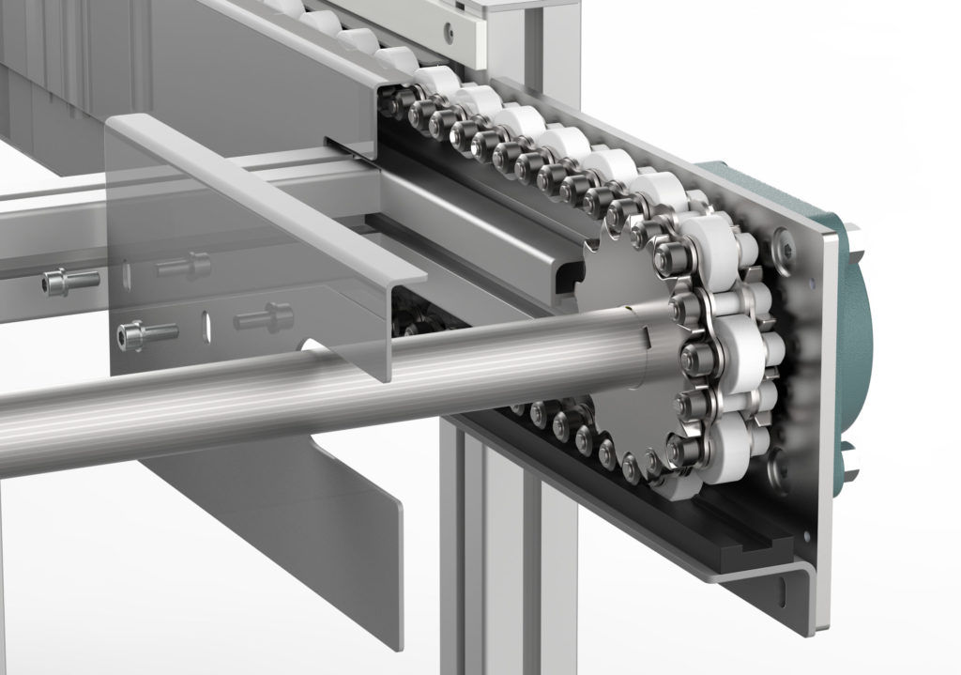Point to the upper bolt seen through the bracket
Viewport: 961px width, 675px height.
coord(184,266)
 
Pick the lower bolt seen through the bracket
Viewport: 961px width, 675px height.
coord(262,316)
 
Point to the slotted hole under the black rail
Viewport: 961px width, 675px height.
coord(781,590)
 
